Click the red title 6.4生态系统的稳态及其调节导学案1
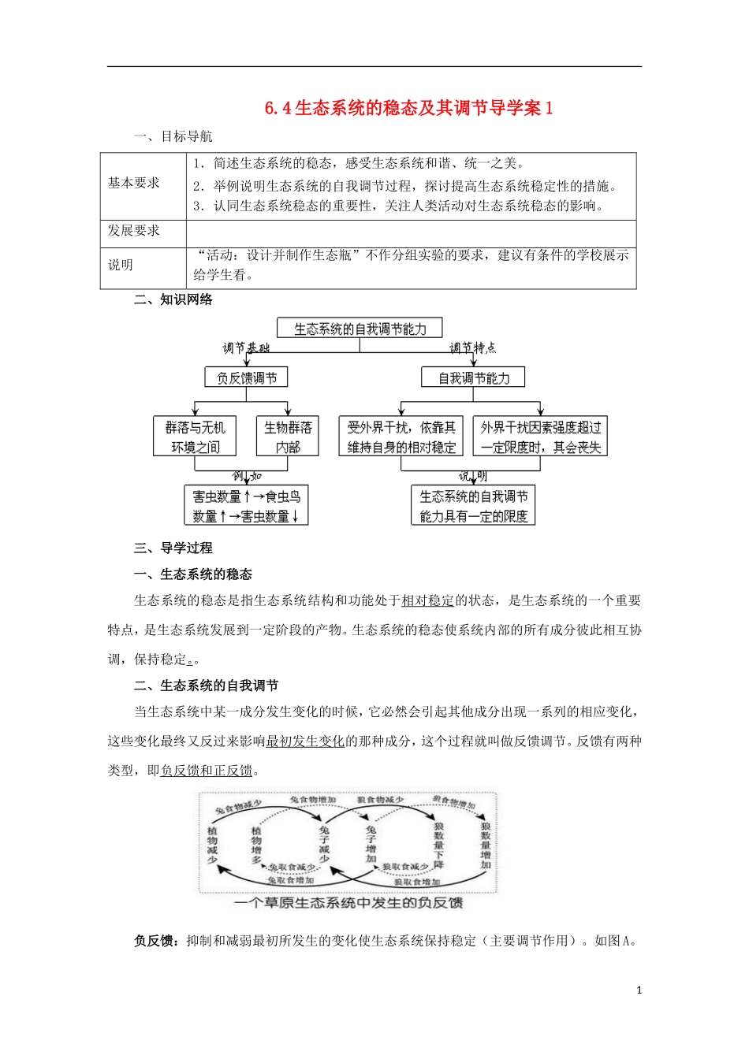pos(409,108)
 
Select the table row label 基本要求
pos(133,183)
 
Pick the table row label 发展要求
pos(133,230)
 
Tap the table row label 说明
pos(121,265)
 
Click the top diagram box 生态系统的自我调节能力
pos(360,329)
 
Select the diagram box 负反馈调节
pos(247,378)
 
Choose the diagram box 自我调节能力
pos(474,378)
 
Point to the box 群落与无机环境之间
pos(195,437)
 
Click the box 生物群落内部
pos(288,437)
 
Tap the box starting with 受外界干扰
pos(401,437)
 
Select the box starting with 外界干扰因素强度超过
pos(540,437)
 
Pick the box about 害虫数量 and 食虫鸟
pos(246,506)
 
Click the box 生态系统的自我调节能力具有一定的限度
pos(473,506)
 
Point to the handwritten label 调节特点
pos(473,347)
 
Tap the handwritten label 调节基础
pos(246,347)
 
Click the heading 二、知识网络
pos(173,299)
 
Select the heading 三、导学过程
pos(173,548)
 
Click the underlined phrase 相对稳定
pos(427,600)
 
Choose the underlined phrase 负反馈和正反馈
pos(207,770)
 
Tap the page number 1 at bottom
pos(639,990)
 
